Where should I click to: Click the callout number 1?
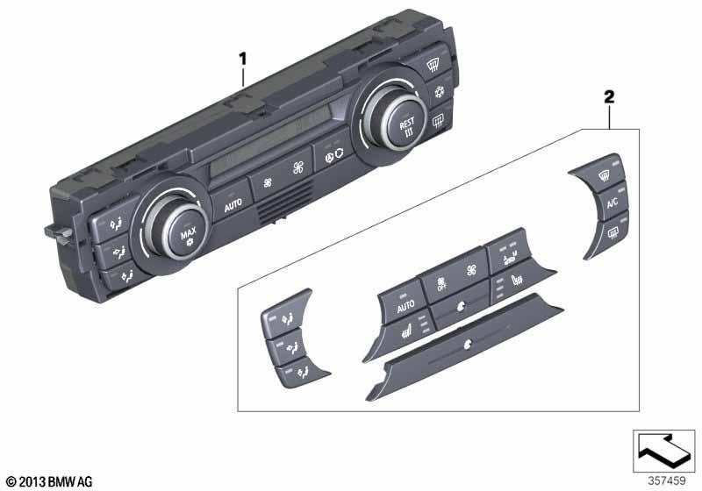point(243,59)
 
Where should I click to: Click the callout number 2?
point(609,96)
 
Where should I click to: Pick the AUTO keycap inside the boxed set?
point(405,305)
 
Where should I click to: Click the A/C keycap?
point(612,203)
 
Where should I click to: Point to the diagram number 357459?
point(667,480)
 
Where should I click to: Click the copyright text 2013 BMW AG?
point(49,481)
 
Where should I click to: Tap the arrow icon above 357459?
point(663,451)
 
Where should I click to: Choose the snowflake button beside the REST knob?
point(440,93)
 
